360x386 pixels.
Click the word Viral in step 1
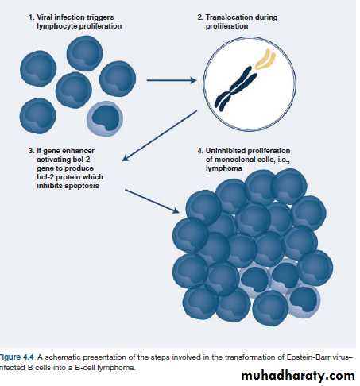pos(45,17)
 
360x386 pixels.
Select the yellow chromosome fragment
pos(265,60)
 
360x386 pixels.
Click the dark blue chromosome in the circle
pos(235,88)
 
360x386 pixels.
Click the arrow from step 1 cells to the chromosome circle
pos(172,80)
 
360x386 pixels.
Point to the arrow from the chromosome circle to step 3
pos(160,136)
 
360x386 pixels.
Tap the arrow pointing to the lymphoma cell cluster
pos(152,201)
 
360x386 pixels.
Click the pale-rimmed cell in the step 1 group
pos(105,118)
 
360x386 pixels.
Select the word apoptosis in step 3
pos(82,186)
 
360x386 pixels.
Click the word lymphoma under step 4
pos(224,168)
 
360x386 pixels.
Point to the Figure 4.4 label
pos(17,357)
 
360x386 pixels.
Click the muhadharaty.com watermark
pos(298,376)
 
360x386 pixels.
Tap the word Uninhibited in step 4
pos(226,151)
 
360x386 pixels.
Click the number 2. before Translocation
pos(200,17)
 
